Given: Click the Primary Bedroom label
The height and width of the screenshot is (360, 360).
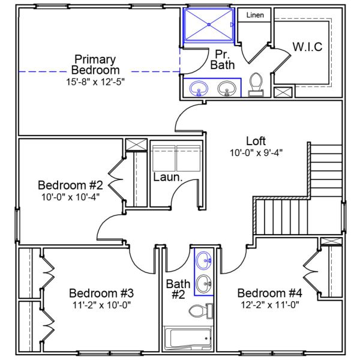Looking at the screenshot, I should (x=95, y=64).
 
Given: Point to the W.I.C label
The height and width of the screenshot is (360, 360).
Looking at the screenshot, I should (x=307, y=47).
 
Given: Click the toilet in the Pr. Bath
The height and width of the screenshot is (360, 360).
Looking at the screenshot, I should (x=256, y=85).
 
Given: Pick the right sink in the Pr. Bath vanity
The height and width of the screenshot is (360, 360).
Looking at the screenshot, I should (x=227, y=89).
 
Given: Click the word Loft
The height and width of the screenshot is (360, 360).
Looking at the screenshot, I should (x=256, y=141).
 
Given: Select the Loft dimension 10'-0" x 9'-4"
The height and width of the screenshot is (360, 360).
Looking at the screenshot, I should (x=256, y=152).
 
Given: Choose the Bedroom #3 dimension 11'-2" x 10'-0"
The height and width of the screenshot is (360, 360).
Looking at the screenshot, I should (x=101, y=305).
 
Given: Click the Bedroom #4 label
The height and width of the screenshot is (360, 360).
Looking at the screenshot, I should (x=269, y=293).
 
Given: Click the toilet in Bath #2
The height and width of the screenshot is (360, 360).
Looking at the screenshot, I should (x=200, y=311).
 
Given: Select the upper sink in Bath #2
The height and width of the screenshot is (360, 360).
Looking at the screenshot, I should (x=204, y=260).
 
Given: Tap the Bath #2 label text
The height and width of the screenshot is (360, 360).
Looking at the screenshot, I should (x=178, y=289).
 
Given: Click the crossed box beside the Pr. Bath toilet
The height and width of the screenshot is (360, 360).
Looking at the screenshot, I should (x=283, y=92).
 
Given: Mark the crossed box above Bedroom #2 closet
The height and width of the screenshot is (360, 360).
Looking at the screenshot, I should (x=135, y=145).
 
